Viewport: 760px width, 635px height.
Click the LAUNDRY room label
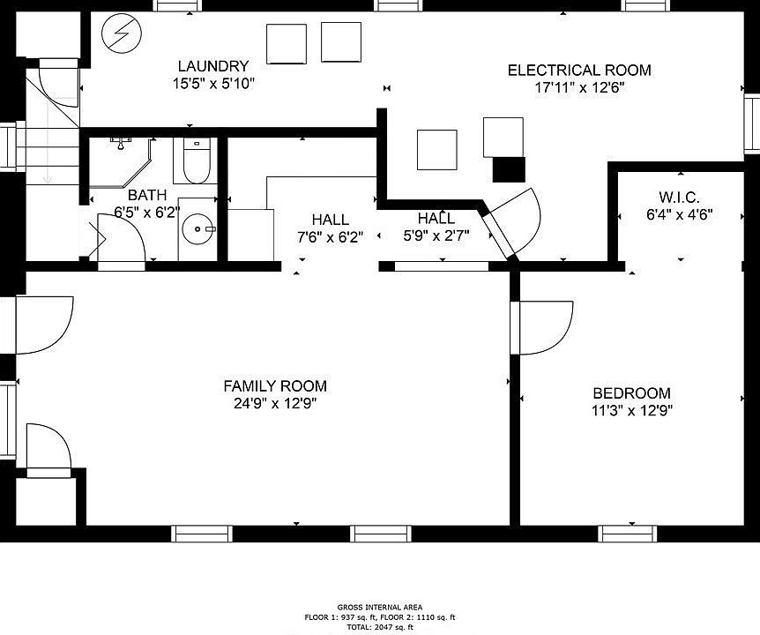pyautogui.click(x=212, y=66)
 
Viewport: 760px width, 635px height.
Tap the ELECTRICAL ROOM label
pyautogui.click(x=579, y=71)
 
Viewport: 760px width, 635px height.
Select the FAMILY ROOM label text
pyautogui.click(x=274, y=386)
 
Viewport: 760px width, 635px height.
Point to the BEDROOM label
pyautogui.click(x=631, y=393)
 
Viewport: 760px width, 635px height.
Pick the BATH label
pyautogui.click(x=146, y=195)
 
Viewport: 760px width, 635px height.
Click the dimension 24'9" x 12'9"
pyautogui.click(x=274, y=404)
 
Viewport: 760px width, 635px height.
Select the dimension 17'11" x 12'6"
pyautogui.click(x=579, y=87)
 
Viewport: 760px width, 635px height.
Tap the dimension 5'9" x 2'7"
pyautogui.click(x=436, y=235)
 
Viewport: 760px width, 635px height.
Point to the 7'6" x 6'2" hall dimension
pyautogui.click(x=330, y=236)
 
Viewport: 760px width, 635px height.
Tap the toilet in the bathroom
pyautogui.click(x=195, y=159)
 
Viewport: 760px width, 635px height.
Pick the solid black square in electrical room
pyautogui.click(x=509, y=169)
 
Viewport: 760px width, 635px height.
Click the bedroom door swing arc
pyautogui.click(x=547, y=328)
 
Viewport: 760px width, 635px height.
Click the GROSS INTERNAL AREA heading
pyautogui.click(x=380, y=607)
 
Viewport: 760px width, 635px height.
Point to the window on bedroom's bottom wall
pyautogui.click(x=628, y=533)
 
